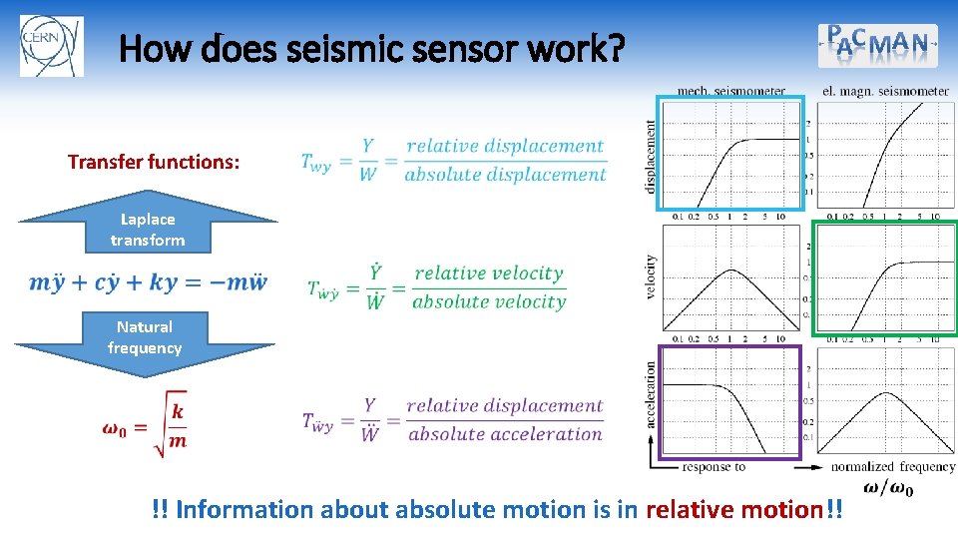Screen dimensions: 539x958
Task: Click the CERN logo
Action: (52, 46)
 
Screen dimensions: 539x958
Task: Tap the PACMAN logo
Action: (878, 45)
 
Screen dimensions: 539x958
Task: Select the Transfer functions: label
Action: (154, 162)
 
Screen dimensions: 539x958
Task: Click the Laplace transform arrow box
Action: (147, 230)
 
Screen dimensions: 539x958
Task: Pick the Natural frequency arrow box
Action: (145, 337)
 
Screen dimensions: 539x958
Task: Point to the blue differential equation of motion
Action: (148, 282)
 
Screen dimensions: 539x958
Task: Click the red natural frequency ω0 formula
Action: (146, 423)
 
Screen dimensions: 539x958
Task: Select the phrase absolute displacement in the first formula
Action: (505, 175)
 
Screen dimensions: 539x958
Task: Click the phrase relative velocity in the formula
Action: (489, 272)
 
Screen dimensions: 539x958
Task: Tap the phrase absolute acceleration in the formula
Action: (506, 434)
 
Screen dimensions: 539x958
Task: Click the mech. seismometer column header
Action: (730, 91)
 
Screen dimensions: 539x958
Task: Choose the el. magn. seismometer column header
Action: (885, 91)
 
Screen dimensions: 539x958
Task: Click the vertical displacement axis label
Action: (651, 157)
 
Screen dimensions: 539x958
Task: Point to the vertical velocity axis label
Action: (651, 278)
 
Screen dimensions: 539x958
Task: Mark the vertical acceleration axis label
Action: (651, 395)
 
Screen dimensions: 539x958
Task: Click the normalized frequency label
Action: (892, 466)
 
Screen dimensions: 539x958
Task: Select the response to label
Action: (714, 466)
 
